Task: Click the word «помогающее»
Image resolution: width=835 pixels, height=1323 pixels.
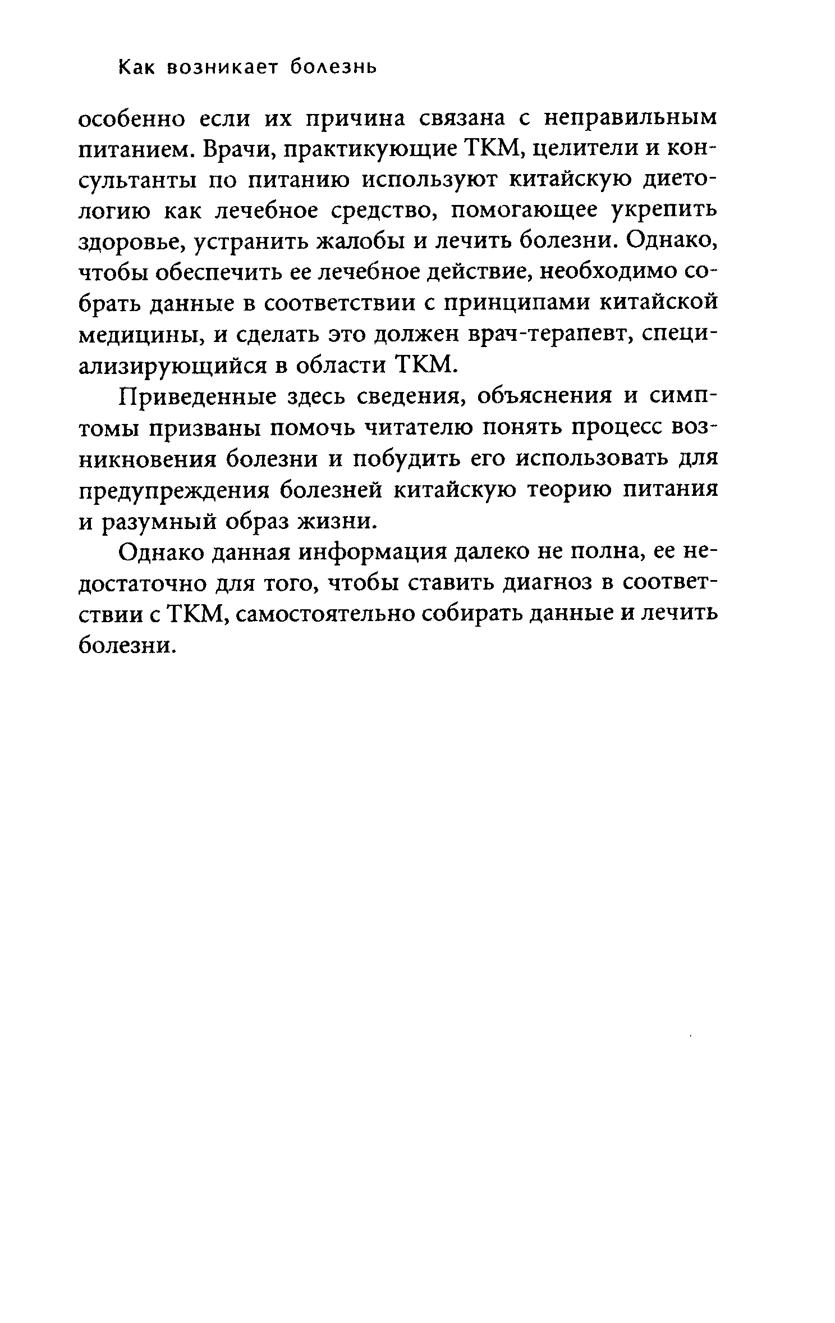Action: [525, 212]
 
